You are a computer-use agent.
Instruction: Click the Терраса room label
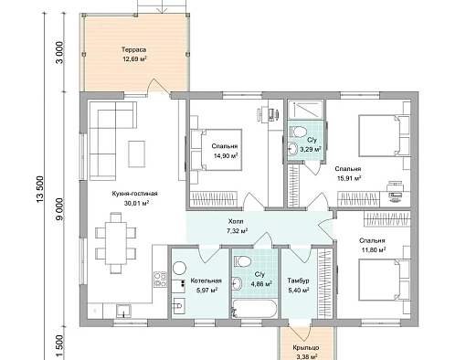click(x=133, y=49)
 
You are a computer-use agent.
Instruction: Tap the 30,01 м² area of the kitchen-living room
click(x=136, y=203)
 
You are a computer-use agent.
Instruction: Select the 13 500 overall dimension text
click(x=40, y=189)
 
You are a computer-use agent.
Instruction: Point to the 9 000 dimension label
click(x=59, y=209)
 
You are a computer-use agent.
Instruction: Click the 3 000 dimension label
click(x=59, y=52)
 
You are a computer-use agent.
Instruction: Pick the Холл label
click(x=237, y=221)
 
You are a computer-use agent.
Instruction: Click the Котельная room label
click(x=207, y=281)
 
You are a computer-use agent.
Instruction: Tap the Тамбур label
click(x=298, y=281)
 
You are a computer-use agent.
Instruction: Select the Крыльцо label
click(x=306, y=347)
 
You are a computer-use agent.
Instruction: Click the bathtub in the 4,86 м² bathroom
click(x=255, y=309)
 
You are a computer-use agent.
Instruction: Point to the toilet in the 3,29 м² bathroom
click(x=299, y=132)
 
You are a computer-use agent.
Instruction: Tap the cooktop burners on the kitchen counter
click(x=160, y=280)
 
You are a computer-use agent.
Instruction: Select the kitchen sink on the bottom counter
click(x=123, y=311)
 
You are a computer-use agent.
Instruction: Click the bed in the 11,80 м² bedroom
click(x=384, y=279)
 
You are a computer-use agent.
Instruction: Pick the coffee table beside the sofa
click(x=136, y=154)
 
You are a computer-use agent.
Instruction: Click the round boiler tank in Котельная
click(x=179, y=268)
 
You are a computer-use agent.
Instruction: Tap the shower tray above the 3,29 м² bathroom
click(x=306, y=110)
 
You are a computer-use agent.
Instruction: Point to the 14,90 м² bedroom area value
click(x=226, y=156)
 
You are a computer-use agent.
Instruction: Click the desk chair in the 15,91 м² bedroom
click(x=396, y=191)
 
